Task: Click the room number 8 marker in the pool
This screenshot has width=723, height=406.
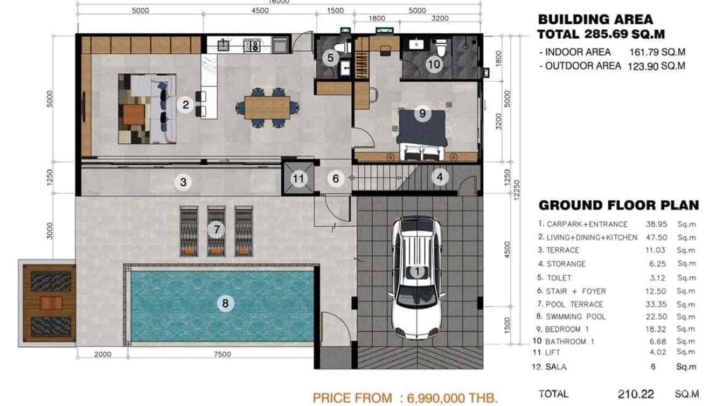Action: coord(225,303)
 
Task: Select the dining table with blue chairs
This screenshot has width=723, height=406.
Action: coord(267,107)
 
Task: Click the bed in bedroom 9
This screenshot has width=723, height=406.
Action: coord(422,132)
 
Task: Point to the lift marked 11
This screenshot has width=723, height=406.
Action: coord(298,178)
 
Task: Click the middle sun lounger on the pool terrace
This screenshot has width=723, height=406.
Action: coord(217,232)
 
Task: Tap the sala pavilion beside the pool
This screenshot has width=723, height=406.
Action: coord(48,303)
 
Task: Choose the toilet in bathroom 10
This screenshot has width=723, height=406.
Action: coord(441,48)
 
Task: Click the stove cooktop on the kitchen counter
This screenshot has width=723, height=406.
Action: coord(252,45)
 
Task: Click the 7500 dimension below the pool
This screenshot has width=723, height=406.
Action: coord(222,354)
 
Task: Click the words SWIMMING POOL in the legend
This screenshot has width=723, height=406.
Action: coord(575,317)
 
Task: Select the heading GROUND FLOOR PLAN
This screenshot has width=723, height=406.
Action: coord(618,205)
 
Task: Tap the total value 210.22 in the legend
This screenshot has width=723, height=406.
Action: coord(636,394)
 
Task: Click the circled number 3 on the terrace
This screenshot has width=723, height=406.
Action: coord(183,182)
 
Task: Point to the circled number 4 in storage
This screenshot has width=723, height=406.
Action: coord(440,177)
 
